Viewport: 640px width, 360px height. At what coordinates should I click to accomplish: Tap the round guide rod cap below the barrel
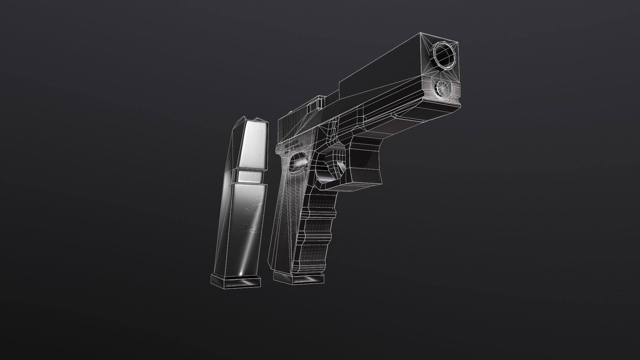(442, 87)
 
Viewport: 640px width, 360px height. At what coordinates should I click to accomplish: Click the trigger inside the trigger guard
(337, 163)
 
